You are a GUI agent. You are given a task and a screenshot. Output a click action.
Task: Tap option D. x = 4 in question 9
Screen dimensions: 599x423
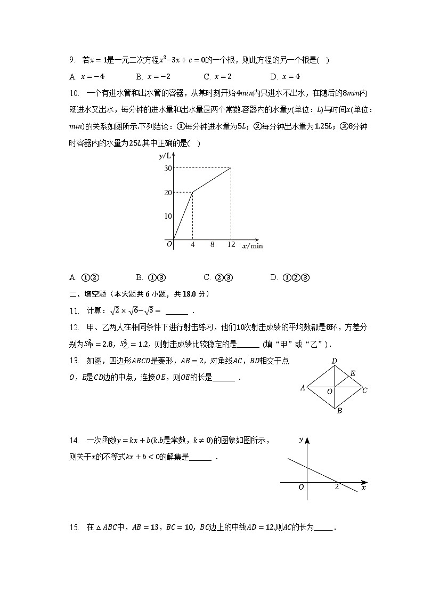click(x=285, y=76)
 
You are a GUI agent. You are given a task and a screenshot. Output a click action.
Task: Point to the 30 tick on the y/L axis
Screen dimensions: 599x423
click(x=168, y=168)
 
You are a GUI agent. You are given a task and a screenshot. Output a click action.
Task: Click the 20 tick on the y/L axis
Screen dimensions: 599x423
click(x=168, y=193)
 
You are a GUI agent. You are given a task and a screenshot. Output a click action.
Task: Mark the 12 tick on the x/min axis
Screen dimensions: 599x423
click(x=231, y=245)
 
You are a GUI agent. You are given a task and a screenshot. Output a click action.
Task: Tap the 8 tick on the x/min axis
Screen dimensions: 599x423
click(x=212, y=245)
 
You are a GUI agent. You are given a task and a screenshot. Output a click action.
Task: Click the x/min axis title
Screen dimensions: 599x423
click(x=253, y=246)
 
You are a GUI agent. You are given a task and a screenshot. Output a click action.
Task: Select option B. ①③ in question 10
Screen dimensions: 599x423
click(x=151, y=277)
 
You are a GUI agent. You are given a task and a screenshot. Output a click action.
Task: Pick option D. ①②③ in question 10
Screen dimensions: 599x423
click(x=290, y=277)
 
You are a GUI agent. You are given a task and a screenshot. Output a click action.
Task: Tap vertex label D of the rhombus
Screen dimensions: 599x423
click(x=334, y=362)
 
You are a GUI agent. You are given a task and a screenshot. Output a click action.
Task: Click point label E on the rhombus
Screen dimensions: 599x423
click(x=352, y=374)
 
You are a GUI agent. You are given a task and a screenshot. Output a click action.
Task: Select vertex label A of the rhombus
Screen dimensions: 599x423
click(x=303, y=388)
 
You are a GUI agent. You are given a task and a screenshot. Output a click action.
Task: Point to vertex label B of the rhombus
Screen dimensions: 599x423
click(x=339, y=411)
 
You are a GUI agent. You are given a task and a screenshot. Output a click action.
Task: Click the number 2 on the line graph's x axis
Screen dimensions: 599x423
click(x=336, y=487)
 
